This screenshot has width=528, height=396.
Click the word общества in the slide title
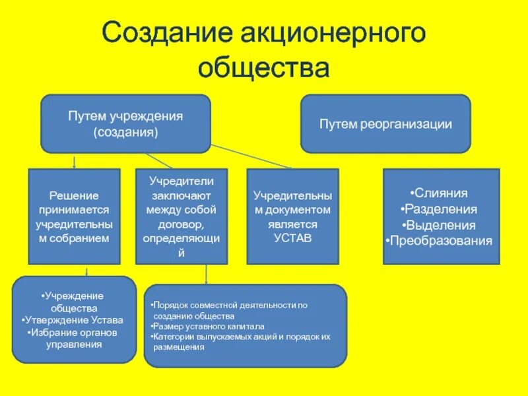tap(263, 67)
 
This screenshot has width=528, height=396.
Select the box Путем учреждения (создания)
tap(125, 123)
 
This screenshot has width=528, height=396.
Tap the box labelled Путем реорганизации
tap(385, 123)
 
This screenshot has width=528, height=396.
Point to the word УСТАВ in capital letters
tap(292, 238)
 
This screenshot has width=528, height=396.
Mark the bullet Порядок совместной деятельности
tap(229, 310)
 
